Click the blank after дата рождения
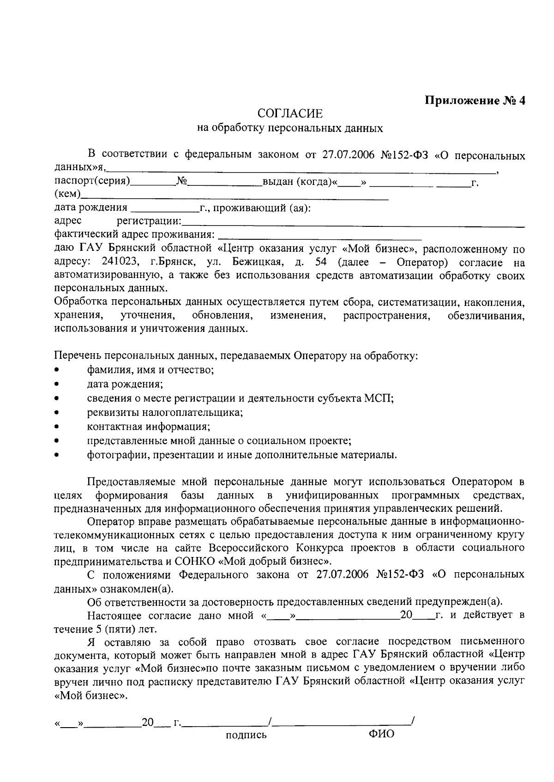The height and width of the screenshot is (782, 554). (164, 211)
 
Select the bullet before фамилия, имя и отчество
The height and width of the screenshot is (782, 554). (57, 370)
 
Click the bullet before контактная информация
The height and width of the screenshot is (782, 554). (57, 427)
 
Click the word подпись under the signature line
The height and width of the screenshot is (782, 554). (246, 735)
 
